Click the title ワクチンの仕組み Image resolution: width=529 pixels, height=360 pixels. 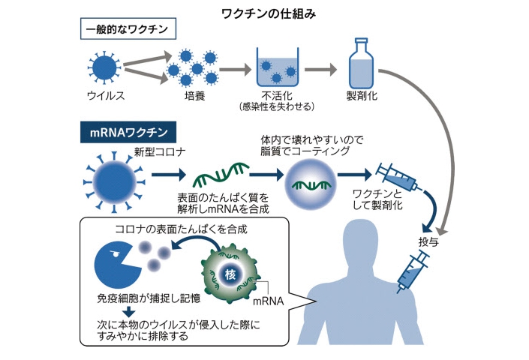(264, 12)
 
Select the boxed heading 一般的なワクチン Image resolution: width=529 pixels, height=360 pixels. (129, 31)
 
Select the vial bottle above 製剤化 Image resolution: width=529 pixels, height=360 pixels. (361, 61)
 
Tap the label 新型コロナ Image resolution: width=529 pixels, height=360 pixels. (154, 152)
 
